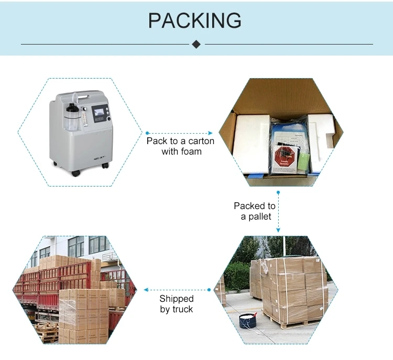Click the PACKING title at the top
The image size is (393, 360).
[195, 21]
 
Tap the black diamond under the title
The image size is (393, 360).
[196, 44]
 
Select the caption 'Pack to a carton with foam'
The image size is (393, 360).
[180, 146]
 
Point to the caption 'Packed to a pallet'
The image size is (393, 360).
[255, 211]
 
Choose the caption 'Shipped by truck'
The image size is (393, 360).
[177, 304]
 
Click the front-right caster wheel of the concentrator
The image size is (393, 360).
[105, 166]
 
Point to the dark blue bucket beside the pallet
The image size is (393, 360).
[248, 321]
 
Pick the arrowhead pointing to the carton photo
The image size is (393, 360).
[211, 133]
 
